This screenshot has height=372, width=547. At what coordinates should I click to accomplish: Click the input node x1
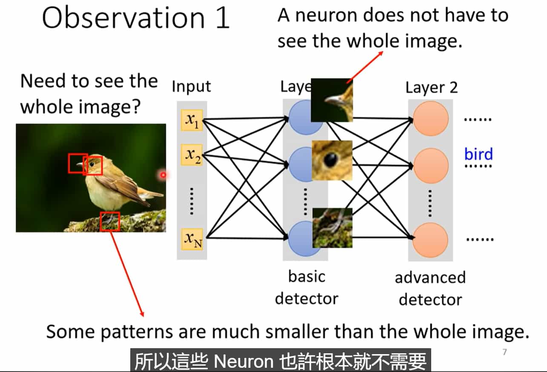pyautogui.click(x=192, y=120)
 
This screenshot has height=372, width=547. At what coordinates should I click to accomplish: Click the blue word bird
pyautogui.click(x=478, y=154)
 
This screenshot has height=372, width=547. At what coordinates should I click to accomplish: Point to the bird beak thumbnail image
pyautogui.click(x=332, y=100)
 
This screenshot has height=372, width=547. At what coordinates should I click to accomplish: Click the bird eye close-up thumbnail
pyautogui.click(x=332, y=160)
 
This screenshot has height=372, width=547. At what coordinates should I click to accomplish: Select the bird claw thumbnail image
pyautogui.click(x=332, y=228)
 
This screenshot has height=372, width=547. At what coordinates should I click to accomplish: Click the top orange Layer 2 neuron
pyautogui.click(x=431, y=120)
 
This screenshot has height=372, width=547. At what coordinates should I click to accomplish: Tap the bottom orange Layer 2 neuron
pyautogui.click(x=431, y=240)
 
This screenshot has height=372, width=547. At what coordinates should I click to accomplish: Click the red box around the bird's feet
pyautogui.click(x=110, y=221)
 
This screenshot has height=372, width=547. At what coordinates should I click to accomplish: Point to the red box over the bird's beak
pyautogui.click(x=78, y=163)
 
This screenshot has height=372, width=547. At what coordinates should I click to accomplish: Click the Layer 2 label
pyautogui.click(x=431, y=88)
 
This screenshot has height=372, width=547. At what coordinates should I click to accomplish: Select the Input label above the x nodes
pyautogui.click(x=191, y=86)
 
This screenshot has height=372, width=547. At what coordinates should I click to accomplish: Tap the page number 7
pyautogui.click(x=505, y=352)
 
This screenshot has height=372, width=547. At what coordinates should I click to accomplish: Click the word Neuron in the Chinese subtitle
pyautogui.click(x=243, y=362)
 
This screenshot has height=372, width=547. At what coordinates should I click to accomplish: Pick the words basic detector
pyautogui.click(x=306, y=287)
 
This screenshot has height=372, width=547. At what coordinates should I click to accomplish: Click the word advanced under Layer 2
pyautogui.click(x=430, y=278)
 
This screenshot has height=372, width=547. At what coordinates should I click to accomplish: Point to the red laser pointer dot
pyautogui.click(x=163, y=175)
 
